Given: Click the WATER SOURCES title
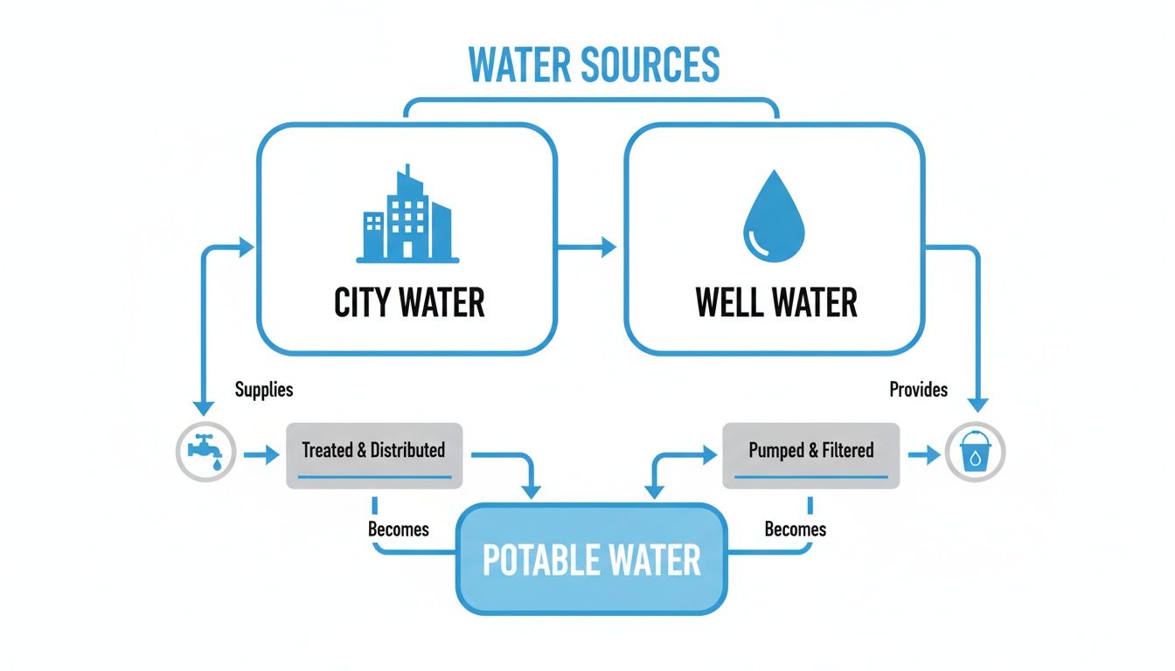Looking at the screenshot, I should point(594,65).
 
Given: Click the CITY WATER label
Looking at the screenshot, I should point(409,302).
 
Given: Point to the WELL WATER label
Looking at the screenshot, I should point(776,302).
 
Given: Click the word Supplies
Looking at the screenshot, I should point(264,390).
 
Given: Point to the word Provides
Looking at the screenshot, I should point(918,390).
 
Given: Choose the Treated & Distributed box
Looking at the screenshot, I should point(373,454).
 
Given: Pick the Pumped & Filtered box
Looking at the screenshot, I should point(810,454).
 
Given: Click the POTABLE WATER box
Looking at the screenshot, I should point(591,559).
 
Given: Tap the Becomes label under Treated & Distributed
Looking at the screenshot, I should point(399,529).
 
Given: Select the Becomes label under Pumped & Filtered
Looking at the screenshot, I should point(795,529).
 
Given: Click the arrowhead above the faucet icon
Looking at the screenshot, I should point(204,407).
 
